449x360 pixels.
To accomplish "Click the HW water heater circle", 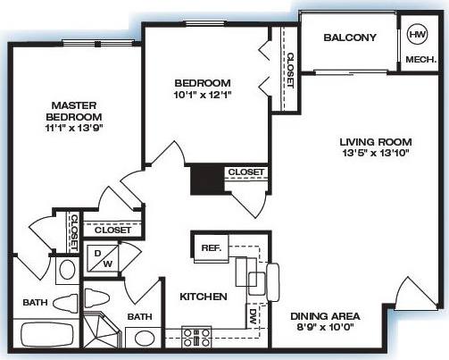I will pyautogui.click(x=417, y=35).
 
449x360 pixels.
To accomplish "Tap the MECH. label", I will pyautogui.click(x=420, y=60).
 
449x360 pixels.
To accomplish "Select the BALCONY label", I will pyautogui.click(x=350, y=38).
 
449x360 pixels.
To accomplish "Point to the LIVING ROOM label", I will pyautogui.click(x=375, y=142).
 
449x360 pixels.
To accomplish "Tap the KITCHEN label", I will pyautogui.click(x=204, y=297).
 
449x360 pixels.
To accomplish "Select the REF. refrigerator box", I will pyautogui.click(x=212, y=247).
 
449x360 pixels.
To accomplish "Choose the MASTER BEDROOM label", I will pyautogui.click(x=75, y=111).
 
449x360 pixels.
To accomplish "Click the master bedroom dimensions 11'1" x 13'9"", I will pyautogui.click(x=75, y=128).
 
